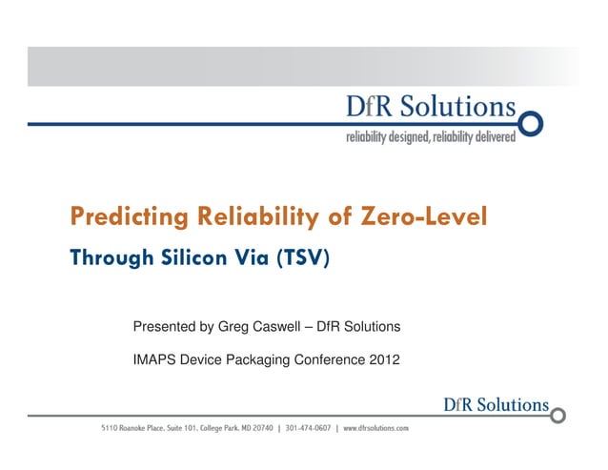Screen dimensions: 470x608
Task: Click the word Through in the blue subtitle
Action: tap(108, 257)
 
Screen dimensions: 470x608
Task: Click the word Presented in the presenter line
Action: tap(165, 328)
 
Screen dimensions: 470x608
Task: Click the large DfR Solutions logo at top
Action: tap(430, 109)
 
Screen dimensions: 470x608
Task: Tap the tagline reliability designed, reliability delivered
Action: tap(430, 137)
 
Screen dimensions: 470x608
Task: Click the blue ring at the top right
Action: tap(530, 124)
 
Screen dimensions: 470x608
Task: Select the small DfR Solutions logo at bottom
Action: tap(496, 404)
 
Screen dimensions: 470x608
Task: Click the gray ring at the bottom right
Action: tap(558, 416)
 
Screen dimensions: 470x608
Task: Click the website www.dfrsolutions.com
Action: tap(375, 429)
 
